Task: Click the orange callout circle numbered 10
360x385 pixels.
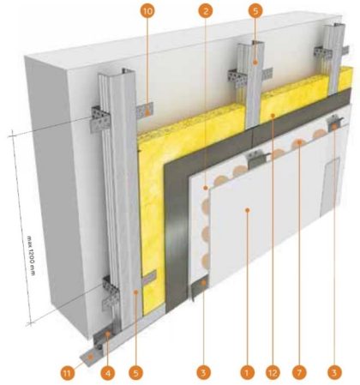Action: [147, 11]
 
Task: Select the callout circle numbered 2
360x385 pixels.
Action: [206, 11]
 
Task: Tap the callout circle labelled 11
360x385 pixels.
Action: [68, 373]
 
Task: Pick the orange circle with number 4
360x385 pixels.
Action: [108, 373]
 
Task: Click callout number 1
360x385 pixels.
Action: [248, 373]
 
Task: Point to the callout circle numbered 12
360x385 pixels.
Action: [273, 373]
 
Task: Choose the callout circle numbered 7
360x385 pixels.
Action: [299, 373]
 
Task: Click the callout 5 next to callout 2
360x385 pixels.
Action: [255, 11]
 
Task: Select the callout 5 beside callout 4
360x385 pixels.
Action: [135, 373]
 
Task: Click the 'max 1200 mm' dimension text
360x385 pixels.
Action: [31, 256]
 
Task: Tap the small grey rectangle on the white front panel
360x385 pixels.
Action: [329, 187]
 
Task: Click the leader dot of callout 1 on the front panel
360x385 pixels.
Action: [248, 210]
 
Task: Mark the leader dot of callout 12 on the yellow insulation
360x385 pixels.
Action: [273, 116]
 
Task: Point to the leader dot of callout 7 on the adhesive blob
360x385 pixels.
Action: [299, 142]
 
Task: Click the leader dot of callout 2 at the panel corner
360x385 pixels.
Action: [206, 188]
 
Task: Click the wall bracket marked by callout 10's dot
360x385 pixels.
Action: [145, 111]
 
